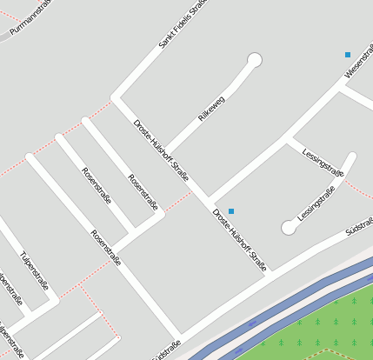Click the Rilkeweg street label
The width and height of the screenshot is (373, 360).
coord(211,109)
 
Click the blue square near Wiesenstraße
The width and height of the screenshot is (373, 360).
coord(348,55)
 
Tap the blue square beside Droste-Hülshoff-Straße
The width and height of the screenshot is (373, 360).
coord(231,211)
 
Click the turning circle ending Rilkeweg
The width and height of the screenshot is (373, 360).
coord(255,60)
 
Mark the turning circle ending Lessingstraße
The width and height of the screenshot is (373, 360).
coord(289,228)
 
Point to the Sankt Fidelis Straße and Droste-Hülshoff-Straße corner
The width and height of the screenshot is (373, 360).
coord(115,97)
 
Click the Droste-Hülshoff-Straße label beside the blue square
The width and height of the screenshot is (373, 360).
coord(239,239)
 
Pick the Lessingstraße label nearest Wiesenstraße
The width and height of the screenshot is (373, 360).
coord(323,163)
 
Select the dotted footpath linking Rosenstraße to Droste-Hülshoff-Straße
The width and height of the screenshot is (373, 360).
coord(179,202)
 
